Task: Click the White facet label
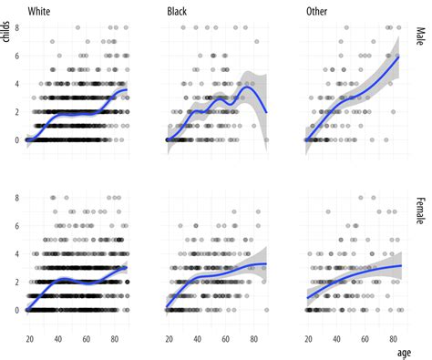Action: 40,11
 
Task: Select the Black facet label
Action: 179,11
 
